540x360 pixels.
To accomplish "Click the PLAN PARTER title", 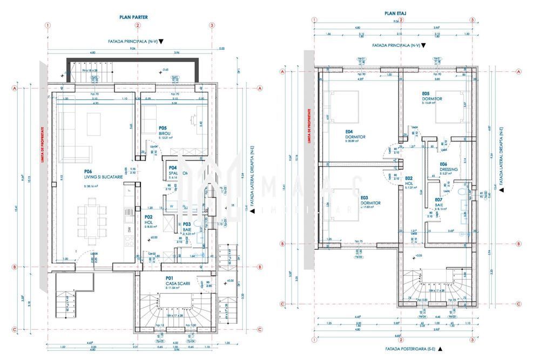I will (x=133, y=17).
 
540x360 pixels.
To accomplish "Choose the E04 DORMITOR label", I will (x=355, y=134).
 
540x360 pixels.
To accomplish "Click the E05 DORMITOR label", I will (x=432, y=96).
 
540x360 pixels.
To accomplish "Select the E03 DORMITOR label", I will (x=370, y=200).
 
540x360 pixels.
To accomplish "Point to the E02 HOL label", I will (x=409, y=181).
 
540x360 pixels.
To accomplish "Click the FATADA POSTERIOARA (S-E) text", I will (x=410, y=349).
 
